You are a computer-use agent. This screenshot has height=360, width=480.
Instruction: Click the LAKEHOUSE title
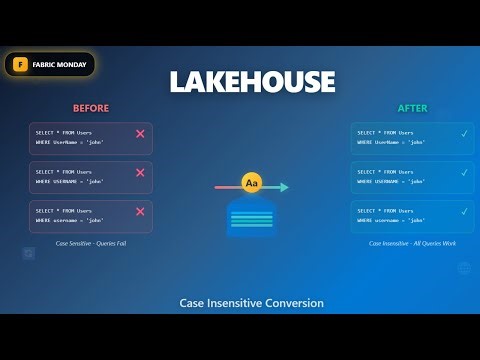(x=251, y=81)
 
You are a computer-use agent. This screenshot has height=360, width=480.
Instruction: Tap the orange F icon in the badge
(x=19, y=64)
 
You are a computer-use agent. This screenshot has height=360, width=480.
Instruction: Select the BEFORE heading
(x=91, y=108)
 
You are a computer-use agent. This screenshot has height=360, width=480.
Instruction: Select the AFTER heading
(x=412, y=108)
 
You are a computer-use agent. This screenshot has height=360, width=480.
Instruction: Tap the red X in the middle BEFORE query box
(x=140, y=172)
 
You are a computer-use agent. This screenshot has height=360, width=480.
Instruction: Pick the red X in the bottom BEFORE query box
(x=140, y=211)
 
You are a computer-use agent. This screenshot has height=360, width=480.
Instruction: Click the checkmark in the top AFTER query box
(x=463, y=133)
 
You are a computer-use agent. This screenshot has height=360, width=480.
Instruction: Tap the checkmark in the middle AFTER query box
(x=463, y=172)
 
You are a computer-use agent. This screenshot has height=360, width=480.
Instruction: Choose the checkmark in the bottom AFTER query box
(x=463, y=211)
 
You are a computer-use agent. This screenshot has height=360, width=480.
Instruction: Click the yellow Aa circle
(x=251, y=186)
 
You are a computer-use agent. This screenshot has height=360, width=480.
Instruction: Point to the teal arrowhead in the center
(x=284, y=187)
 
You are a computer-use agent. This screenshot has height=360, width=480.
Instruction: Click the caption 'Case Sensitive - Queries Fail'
(x=90, y=243)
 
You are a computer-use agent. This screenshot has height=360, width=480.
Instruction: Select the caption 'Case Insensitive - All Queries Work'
(x=412, y=243)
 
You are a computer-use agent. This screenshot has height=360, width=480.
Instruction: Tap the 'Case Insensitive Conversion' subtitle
(x=251, y=302)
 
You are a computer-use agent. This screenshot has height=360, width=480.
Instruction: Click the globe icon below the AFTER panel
(x=464, y=268)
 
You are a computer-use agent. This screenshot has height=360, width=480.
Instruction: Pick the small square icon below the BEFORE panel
(x=29, y=254)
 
